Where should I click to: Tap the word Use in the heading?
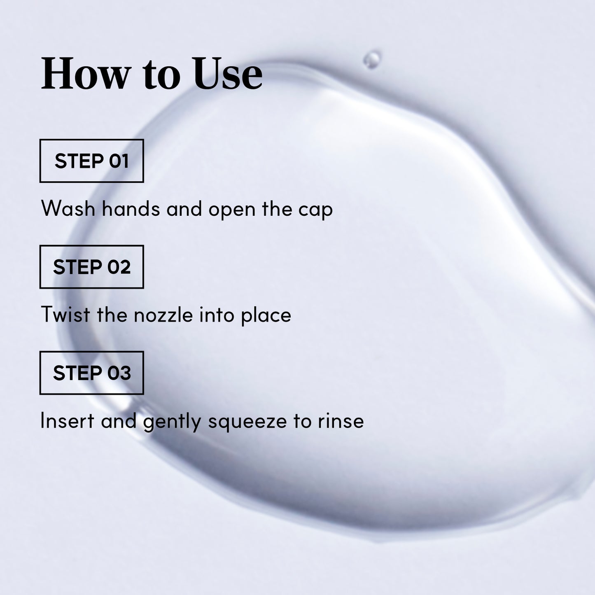[228, 74]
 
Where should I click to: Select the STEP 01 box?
[91, 161]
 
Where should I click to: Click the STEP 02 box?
[91, 267]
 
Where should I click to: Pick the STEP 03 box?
[91, 373]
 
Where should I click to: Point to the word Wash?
[68, 209]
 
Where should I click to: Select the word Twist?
[65, 315]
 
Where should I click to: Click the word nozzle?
[163, 315]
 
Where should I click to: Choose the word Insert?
[67, 421]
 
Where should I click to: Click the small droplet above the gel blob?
[372, 59]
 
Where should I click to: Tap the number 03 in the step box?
[119, 373]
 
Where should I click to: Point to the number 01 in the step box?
[119, 161]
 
